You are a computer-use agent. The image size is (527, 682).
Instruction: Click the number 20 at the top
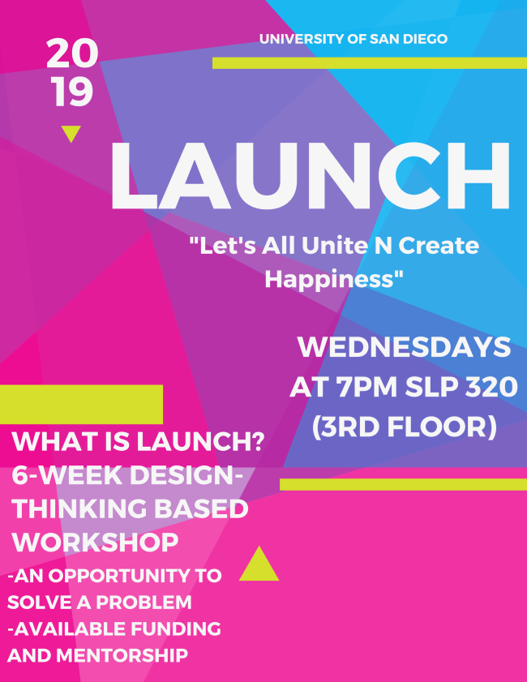tap(72, 53)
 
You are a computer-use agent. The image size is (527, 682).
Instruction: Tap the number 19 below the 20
tap(73, 92)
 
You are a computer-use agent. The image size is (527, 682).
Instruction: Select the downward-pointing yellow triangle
tap(71, 133)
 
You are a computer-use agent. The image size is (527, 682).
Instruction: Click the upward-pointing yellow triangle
tap(259, 564)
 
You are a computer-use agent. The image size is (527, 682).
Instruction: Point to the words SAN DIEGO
tap(409, 39)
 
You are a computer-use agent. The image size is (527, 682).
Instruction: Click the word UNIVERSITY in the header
tap(302, 39)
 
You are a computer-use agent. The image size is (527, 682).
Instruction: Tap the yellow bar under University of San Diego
tap(370, 63)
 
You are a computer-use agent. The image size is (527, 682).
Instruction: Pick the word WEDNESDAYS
tap(404, 347)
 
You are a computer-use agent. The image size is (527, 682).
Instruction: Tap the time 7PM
tap(367, 387)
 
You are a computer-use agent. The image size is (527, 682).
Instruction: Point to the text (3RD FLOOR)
tap(405, 427)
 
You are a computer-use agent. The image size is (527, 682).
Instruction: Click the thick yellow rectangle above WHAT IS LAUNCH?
tap(81, 404)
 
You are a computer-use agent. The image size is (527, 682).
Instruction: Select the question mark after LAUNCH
tap(258, 441)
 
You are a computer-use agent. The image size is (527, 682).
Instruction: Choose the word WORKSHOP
tap(95, 543)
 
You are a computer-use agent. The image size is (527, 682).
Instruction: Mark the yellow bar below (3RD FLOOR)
tap(403, 484)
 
